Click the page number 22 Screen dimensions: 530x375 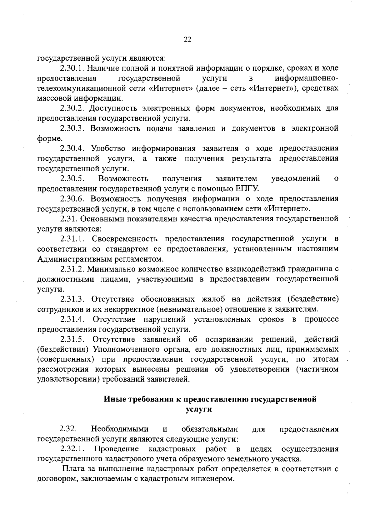pyautogui.click(x=187, y=39)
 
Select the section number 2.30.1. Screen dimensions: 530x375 pyautogui.click(x=72, y=68)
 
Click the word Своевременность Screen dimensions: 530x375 pyautogui.click(x=125, y=239)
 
